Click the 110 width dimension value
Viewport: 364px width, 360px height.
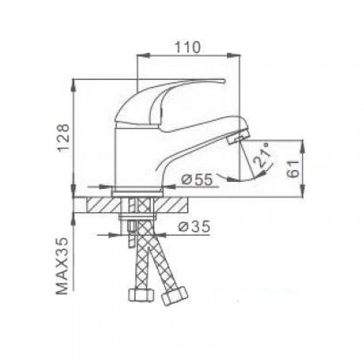point(190,45)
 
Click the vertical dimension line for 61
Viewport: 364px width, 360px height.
point(304,167)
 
